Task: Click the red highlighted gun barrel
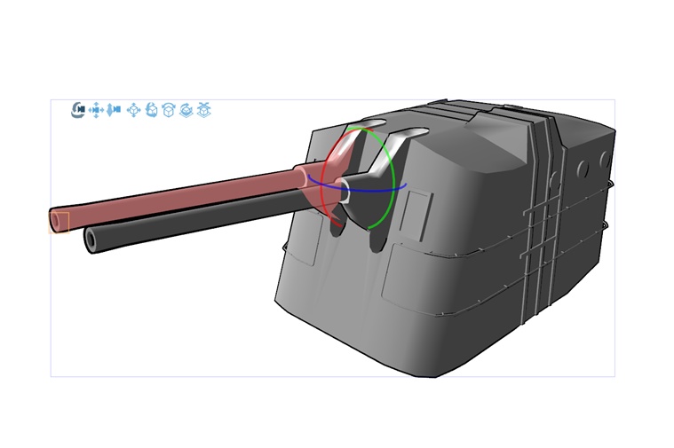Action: click(x=178, y=198)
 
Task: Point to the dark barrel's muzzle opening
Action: click(x=91, y=239)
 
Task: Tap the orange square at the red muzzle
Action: click(x=59, y=221)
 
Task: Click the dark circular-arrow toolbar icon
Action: click(x=78, y=110)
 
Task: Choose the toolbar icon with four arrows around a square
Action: click(x=96, y=110)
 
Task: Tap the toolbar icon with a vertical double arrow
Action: click(x=114, y=110)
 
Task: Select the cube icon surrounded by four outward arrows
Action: click(x=134, y=110)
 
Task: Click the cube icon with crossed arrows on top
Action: click(x=203, y=110)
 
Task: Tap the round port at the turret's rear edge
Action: click(x=605, y=161)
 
